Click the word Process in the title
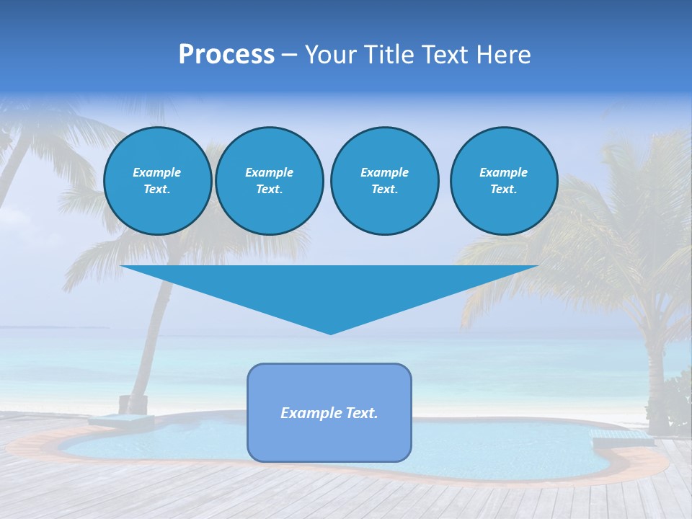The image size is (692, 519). pyautogui.click(x=226, y=55)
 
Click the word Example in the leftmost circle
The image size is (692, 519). pyautogui.click(x=157, y=172)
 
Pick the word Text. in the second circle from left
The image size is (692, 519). pyautogui.click(x=270, y=190)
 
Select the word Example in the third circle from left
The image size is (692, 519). pyautogui.click(x=384, y=172)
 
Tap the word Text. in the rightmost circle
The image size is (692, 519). pyautogui.click(x=504, y=190)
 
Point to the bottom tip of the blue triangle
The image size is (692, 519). pyautogui.click(x=330, y=333)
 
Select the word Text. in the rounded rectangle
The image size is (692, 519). pyautogui.click(x=362, y=413)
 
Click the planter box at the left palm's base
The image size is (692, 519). pyautogui.click(x=133, y=404)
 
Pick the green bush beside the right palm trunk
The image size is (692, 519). pyautogui.click(x=678, y=404)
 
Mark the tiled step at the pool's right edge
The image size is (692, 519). pyautogui.click(x=613, y=435)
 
